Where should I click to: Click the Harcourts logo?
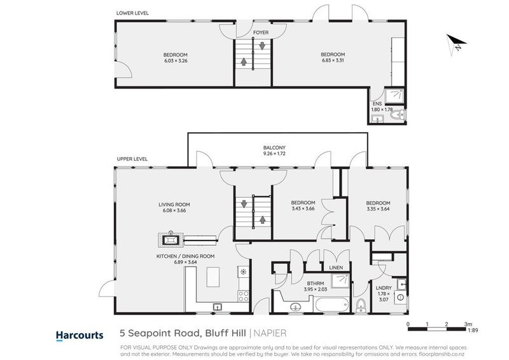click(x=80, y=335)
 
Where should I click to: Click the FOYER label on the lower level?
click(x=261, y=32)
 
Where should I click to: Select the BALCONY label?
click(x=274, y=148)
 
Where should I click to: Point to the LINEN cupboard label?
click(x=336, y=268)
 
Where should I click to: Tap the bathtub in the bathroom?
click(x=331, y=305)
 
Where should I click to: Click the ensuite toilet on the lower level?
click(x=398, y=115)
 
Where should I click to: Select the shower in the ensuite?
click(x=394, y=96)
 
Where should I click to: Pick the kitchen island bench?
click(x=213, y=277)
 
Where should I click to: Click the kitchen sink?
click(x=217, y=307)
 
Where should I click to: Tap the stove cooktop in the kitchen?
click(x=244, y=296)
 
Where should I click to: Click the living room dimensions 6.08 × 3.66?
click(x=174, y=211)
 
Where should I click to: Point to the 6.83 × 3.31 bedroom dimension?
click(x=333, y=60)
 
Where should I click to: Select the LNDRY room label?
click(x=384, y=288)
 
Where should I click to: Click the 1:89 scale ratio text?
click(x=473, y=331)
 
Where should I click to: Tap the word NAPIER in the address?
click(x=270, y=333)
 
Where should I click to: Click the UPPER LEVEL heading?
click(x=132, y=159)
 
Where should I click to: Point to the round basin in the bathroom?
click(x=295, y=307)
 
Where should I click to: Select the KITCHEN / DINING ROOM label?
click(x=185, y=256)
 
